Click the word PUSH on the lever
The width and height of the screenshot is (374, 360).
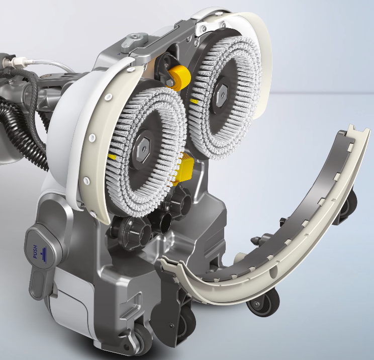click(35, 252)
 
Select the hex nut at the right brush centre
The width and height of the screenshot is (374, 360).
click(222, 95)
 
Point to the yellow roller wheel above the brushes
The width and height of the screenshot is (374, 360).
click(179, 76)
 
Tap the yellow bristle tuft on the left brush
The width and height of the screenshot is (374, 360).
click(112, 157)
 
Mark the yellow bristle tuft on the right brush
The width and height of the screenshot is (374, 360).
click(194, 102)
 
